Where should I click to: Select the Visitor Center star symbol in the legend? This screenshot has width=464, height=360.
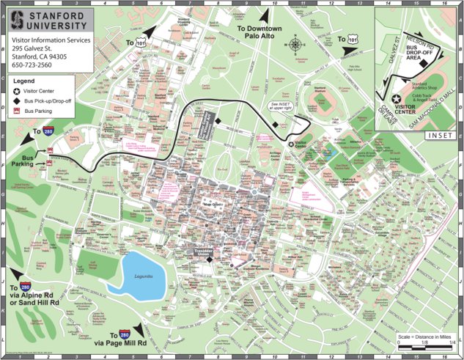point(17,91)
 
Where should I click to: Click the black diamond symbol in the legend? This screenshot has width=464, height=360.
point(17,100)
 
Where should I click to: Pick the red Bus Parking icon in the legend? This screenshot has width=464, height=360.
point(17,111)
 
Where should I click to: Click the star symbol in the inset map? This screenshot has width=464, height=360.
point(396,98)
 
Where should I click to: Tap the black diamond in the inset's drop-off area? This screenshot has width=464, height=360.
point(423,64)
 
